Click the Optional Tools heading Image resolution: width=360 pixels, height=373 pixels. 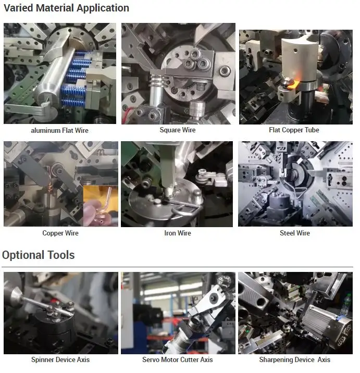click(38, 255)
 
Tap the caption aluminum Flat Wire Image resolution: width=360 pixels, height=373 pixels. click(60, 130)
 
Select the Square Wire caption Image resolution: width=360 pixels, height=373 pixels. click(177, 130)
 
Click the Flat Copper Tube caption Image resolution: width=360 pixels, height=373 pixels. click(294, 130)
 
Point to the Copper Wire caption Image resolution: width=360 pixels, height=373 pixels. click(60, 233)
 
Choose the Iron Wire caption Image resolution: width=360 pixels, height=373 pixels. click(177, 233)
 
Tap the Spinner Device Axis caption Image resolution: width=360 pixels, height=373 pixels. click(60, 359)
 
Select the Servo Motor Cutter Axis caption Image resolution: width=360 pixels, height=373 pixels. click(177, 359)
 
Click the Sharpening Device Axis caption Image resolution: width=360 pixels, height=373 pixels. click(294, 359)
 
